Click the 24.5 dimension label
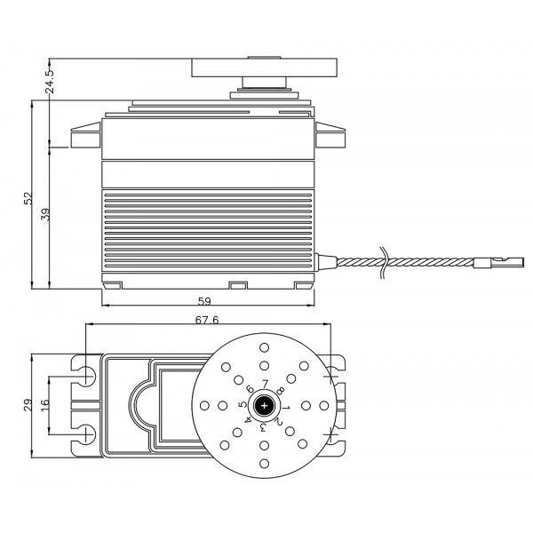[x=50, y=81]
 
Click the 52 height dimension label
[x=28, y=198]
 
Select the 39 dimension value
[x=45, y=215]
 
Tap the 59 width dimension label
[x=204, y=301]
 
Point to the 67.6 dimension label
[x=207, y=320]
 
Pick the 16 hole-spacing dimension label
[x=45, y=405]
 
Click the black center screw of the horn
[x=264, y=406]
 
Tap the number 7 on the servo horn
[x=265, y=384]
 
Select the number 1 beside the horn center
[x=286, y=407]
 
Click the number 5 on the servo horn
[x=242, y=404]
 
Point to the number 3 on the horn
[x=263, y=427]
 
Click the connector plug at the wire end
[x=498, y=262]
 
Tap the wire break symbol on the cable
[x=384, y=262]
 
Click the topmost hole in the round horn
[x=264, y=347]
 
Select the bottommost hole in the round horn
[x=264, y=464]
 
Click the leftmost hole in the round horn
[x=204, y=406]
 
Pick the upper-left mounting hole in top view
[x=87, y=377]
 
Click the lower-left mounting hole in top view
[x=87, y=434]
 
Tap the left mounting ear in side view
[x=85, y=135]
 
